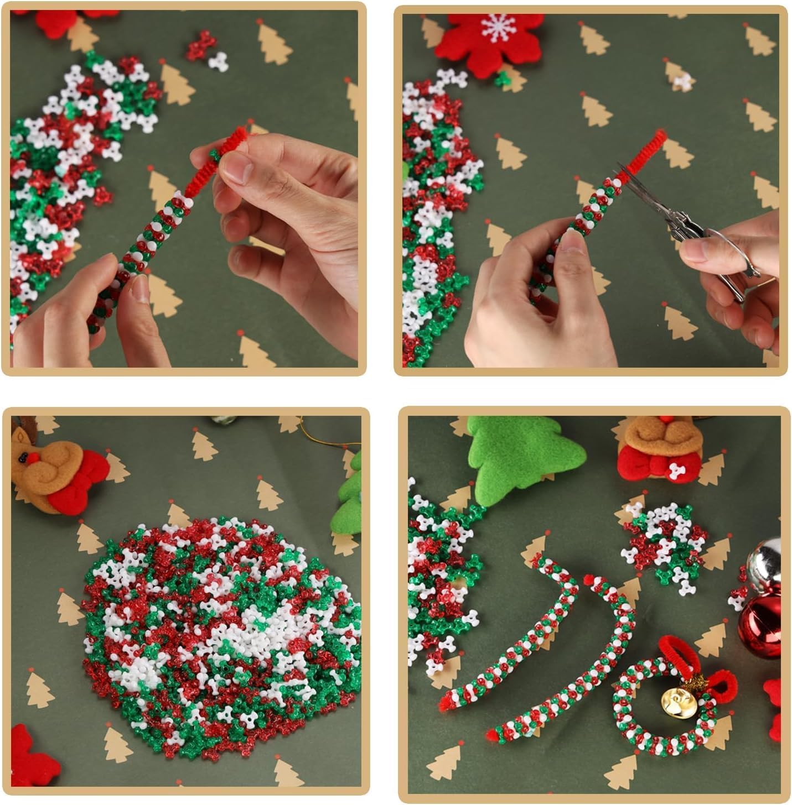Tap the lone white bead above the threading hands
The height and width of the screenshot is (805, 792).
[217, 61]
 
